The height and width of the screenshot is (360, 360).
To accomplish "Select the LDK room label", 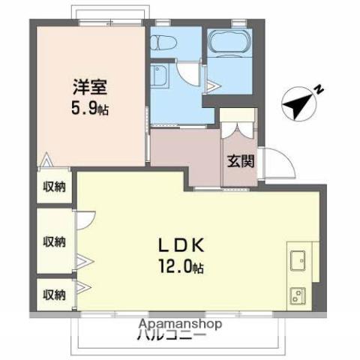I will point(180,245).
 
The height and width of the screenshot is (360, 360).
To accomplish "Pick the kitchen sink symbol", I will point(297,259).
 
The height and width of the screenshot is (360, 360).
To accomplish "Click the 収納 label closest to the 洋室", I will point(53,186).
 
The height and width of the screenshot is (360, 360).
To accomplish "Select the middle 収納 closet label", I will point(53,241).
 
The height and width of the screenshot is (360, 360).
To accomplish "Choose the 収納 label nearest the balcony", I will point(53,293).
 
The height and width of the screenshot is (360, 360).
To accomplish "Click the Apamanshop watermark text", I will point(179,325).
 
